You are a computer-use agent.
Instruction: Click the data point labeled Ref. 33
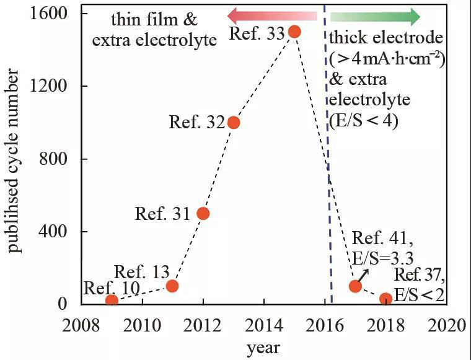coord(294,32)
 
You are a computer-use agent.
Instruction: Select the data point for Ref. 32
coord(234,122)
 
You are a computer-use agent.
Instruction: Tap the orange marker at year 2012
coord(203,214)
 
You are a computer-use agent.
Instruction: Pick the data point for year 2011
coord(172,286)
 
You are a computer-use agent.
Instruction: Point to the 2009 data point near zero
coord(112,301)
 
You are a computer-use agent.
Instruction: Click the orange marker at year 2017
coord(355,286)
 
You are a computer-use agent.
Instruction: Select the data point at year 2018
coord(385,299)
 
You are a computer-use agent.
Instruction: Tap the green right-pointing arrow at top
coord(375,16)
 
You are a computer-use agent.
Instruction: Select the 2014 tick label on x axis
coord(263,324)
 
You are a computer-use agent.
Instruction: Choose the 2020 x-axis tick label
coord(446,324)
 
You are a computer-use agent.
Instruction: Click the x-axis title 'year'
coord(263,348)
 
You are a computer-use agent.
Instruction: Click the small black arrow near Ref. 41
coord(363,276)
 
